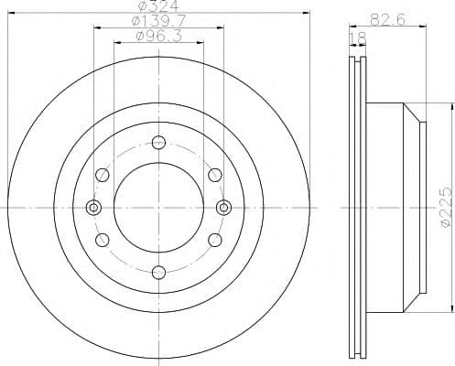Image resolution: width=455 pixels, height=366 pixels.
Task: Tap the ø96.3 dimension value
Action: point(158,38)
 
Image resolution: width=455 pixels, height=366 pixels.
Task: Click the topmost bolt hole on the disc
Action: point(158,142)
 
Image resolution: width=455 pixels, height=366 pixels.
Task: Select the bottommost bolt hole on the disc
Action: point(158,272)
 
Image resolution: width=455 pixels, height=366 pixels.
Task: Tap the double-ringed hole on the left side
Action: point(93,207)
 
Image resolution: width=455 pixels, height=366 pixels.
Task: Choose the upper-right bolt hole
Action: point(215,174)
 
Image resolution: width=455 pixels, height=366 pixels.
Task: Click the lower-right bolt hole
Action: point(215,240)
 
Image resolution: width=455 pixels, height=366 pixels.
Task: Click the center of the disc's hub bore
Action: point(158,207)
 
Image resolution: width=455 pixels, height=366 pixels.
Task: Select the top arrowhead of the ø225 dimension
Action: point(438,121)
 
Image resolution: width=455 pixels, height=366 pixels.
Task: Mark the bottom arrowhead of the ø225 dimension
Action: point(438,293)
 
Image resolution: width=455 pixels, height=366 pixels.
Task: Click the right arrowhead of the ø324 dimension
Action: point(309,14)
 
